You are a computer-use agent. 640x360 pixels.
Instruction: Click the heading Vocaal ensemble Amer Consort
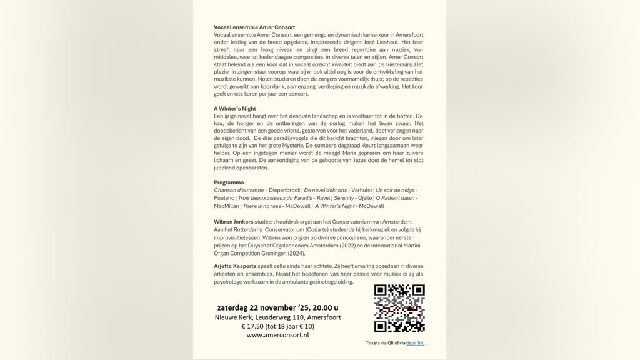(254, 27)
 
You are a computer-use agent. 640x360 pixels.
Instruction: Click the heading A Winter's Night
(235, 109)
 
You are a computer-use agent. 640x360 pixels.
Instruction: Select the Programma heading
(229, 182)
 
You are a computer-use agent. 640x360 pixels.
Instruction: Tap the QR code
(399, 308)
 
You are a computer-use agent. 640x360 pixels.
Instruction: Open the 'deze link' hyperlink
(414, 343)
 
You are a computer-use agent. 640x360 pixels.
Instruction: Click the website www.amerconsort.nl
(277, 335)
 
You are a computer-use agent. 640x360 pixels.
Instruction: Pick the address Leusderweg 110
(284, 317)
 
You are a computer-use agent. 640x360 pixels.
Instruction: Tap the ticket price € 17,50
(255, 326)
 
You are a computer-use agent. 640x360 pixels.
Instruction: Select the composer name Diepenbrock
(285, 190)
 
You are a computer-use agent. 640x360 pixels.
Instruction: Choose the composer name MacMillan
(226, 206)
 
